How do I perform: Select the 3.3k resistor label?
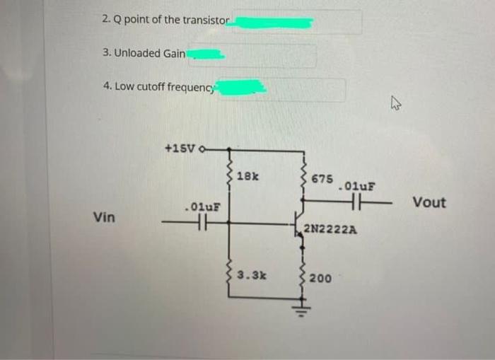click(x=251, y=274)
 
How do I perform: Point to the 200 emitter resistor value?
click(x=320, y=279)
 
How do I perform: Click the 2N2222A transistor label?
click(x=330, y=229)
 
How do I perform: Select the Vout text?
click(x=429, y=203)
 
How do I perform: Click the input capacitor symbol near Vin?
click(x=201, y=223)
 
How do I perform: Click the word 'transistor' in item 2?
click(x=205, y=20)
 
